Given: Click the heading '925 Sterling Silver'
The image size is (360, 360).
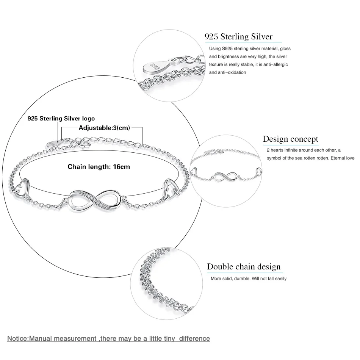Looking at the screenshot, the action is coord(238,36).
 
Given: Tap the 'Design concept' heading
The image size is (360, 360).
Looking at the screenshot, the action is coord(290,139).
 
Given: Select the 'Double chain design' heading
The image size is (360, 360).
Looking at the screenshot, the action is coord(244,266).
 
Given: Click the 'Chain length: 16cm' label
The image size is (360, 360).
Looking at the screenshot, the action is coord(99,167).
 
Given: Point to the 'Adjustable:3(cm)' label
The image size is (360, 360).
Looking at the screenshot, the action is coord(104,128).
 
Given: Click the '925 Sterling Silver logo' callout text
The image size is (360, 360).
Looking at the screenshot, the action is coord(61,119).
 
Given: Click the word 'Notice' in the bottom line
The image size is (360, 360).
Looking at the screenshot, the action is coord(17,338).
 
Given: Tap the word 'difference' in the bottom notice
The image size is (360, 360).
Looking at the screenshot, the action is coord(194,338).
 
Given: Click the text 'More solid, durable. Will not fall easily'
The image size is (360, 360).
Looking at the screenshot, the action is coord(249,279).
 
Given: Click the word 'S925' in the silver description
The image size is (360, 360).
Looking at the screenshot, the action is coord(227,49).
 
